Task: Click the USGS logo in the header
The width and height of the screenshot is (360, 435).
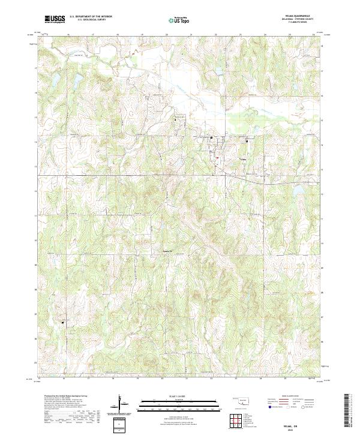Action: point(55,20)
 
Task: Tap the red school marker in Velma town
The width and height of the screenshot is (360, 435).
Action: point(217,158)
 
